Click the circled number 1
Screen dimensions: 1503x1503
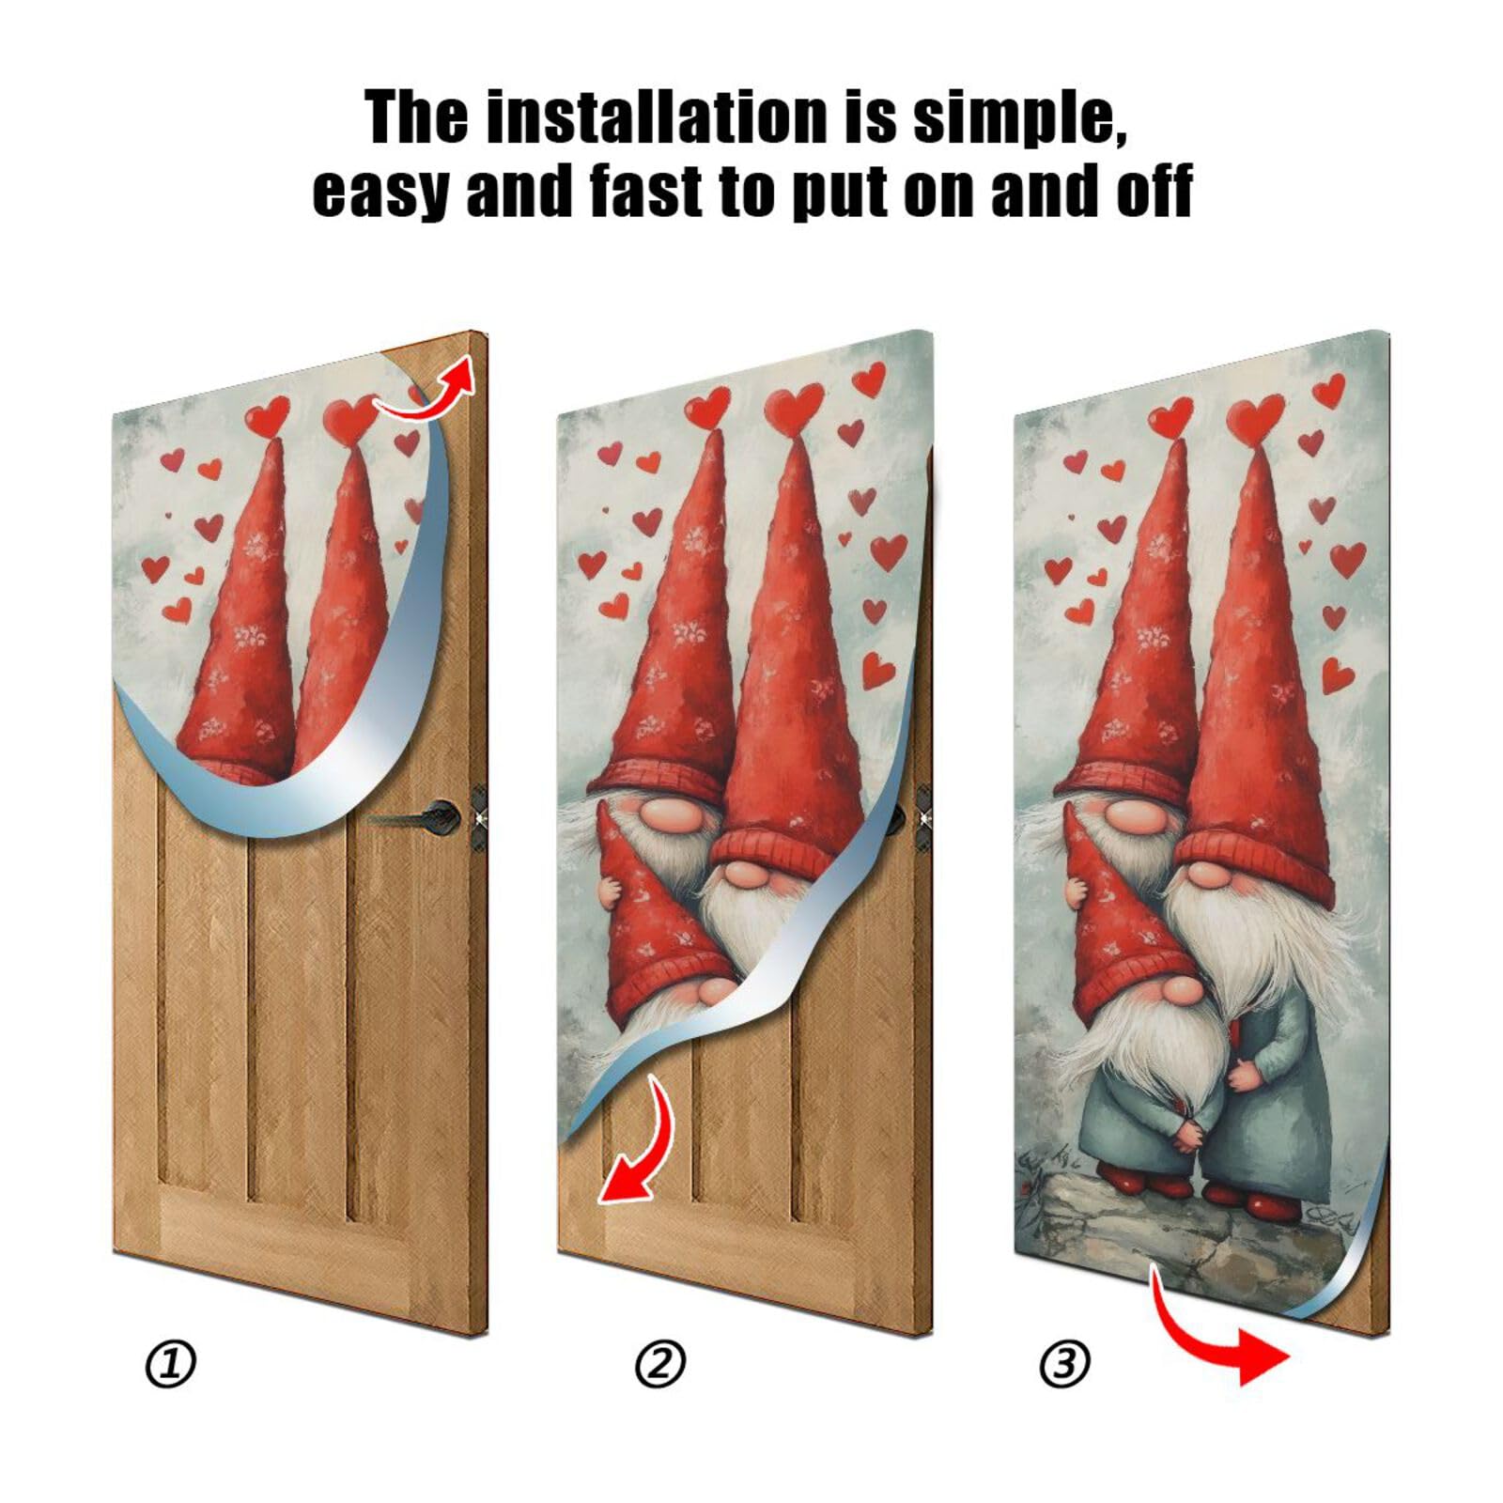170,1364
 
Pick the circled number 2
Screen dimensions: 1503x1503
659,1364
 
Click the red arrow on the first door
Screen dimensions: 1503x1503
427,390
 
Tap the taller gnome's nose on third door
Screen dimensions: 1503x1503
1210,875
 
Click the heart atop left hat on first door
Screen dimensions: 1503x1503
269,416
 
